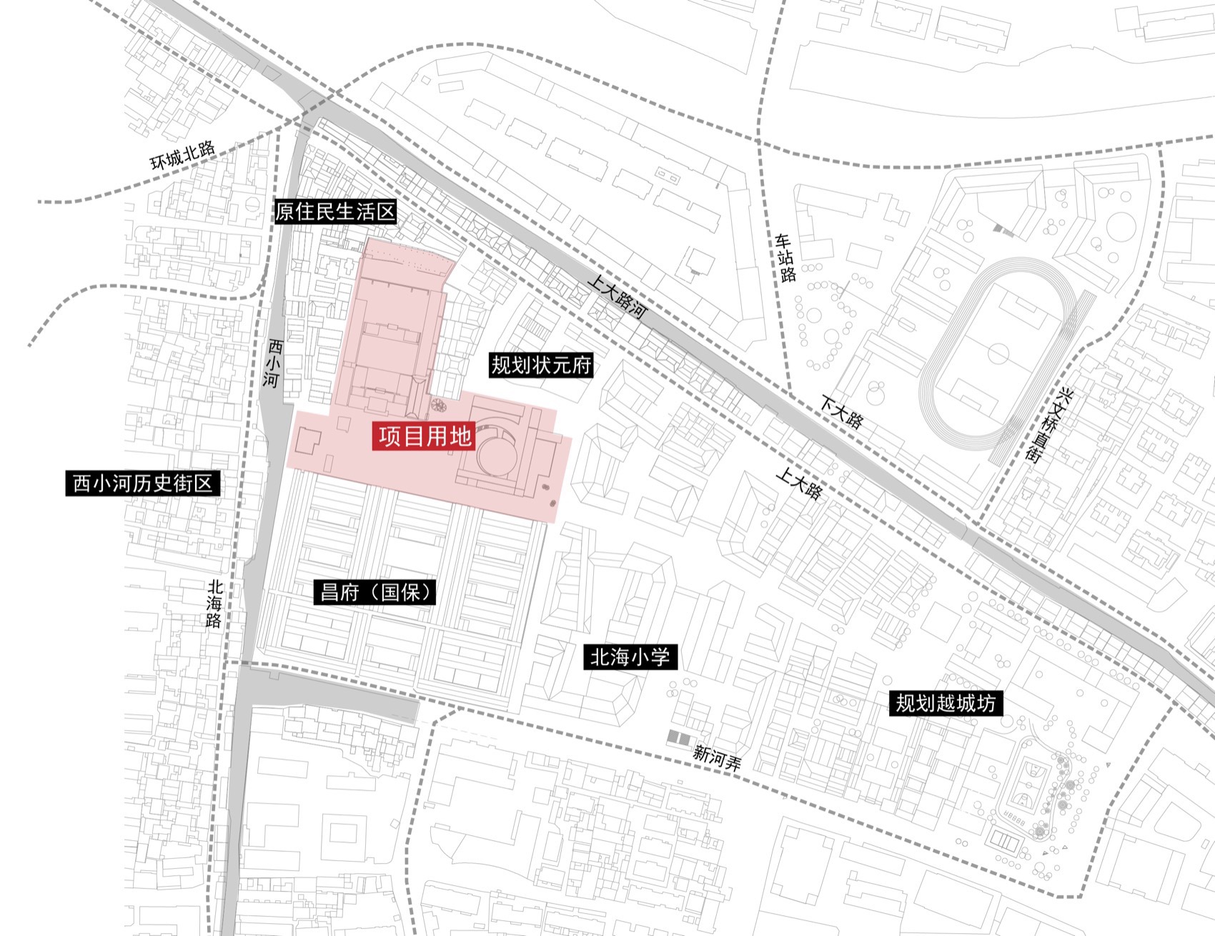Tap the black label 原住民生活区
[335, 212]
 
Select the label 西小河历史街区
[142, 484]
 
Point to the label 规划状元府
[541, 365]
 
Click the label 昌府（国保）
[375, 592]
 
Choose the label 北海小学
[629, 656]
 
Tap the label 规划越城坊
[945, 703]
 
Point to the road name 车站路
[785, 257]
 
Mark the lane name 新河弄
[717, 757]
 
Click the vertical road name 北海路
[214, 603]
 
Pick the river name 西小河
[272, 364]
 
